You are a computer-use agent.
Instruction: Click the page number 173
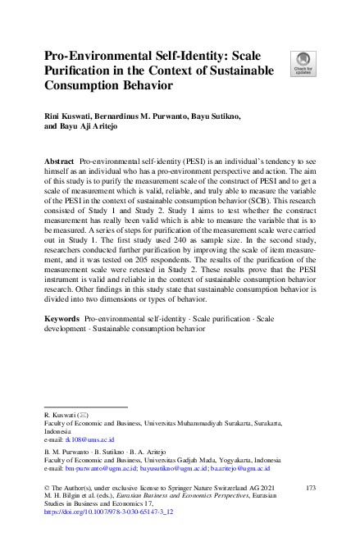point(309,488)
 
